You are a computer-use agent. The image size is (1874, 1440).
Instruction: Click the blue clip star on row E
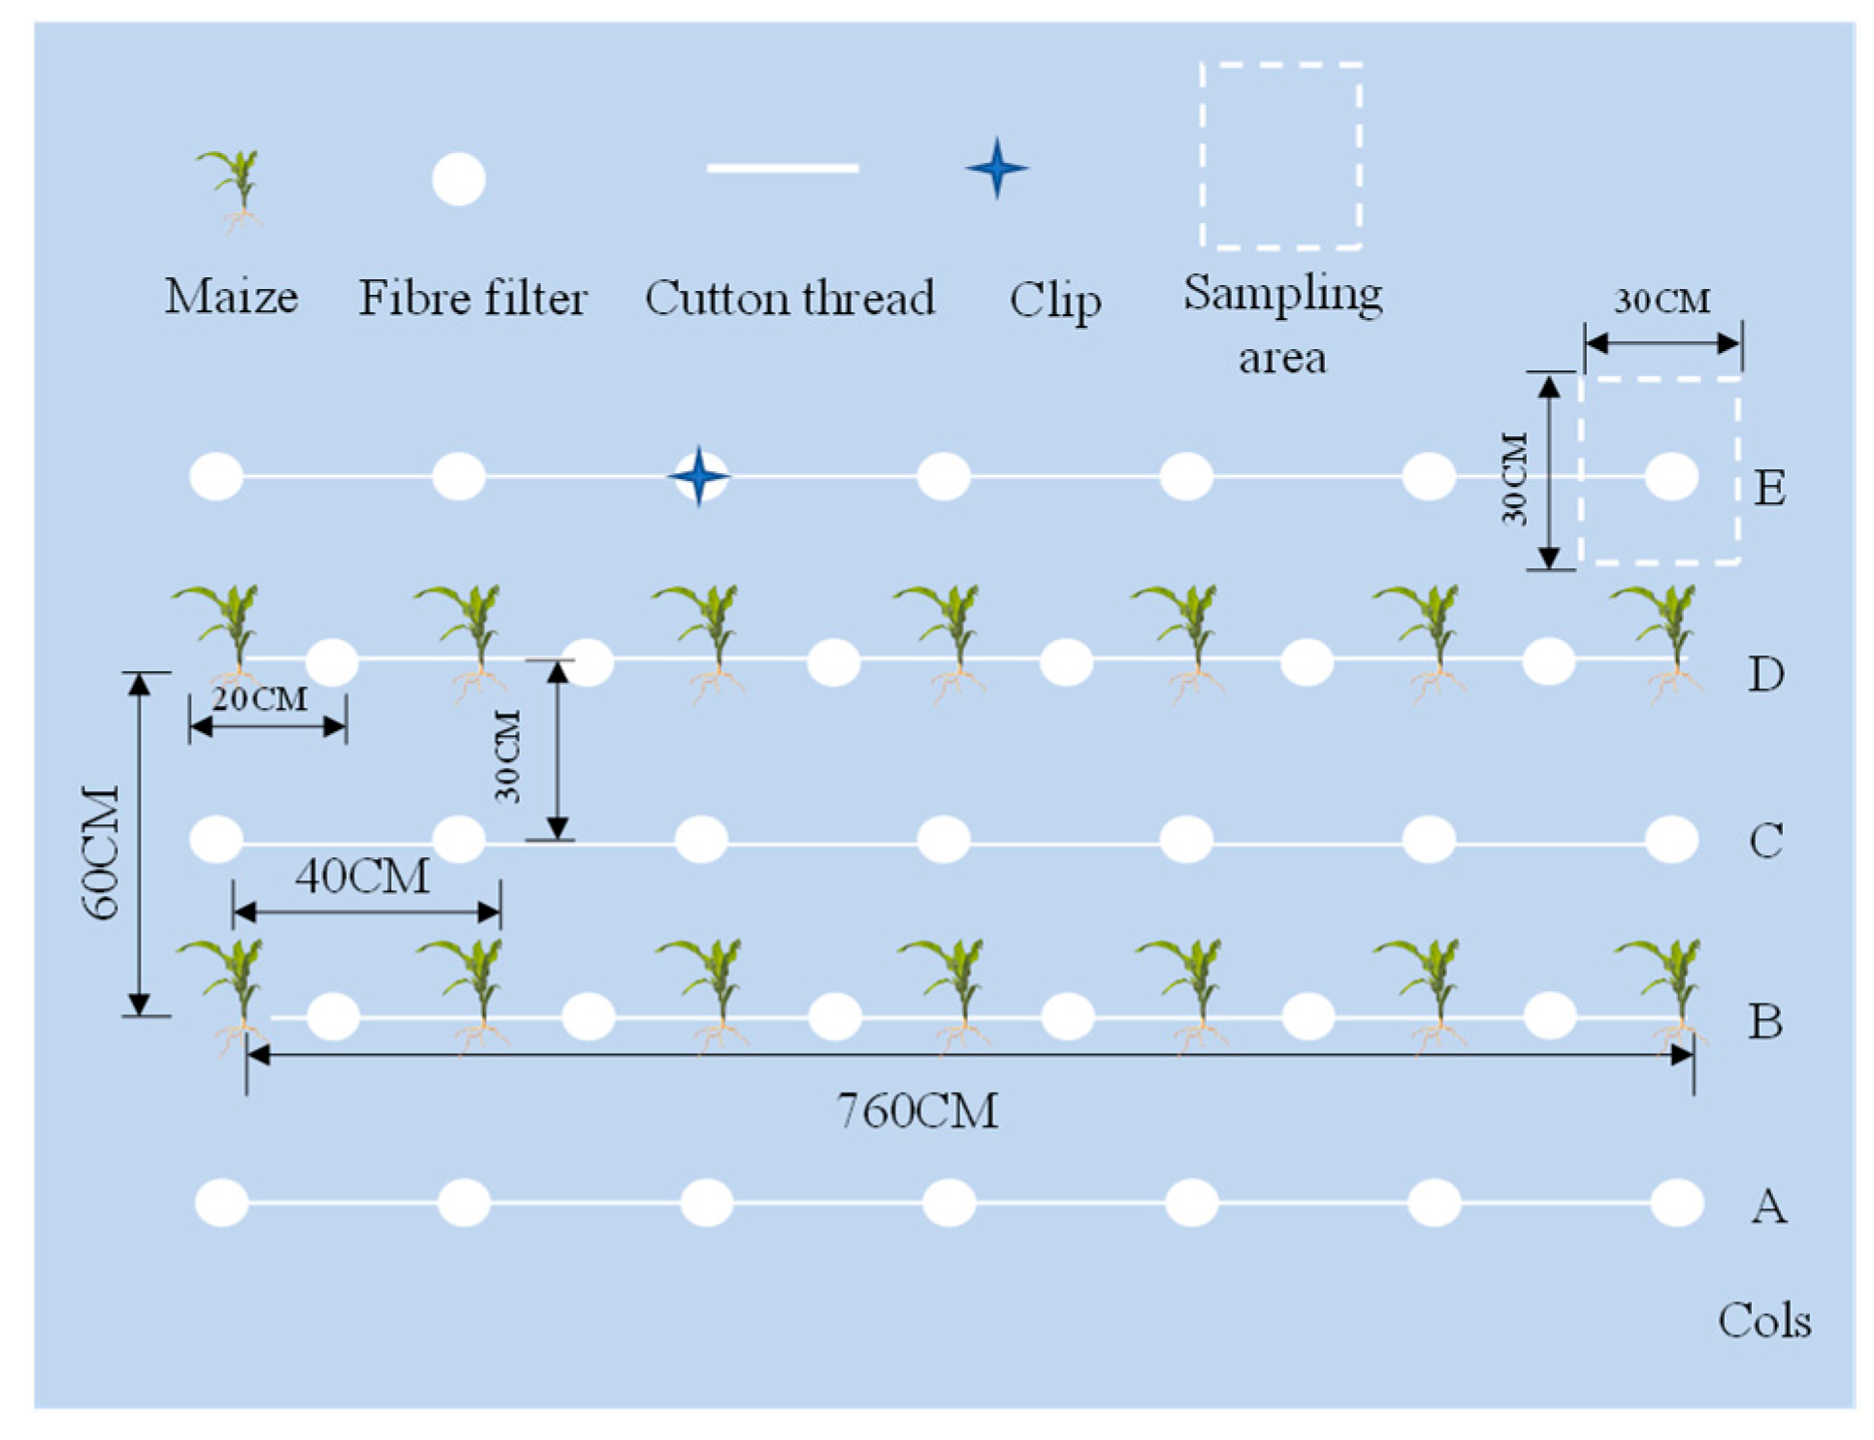click(x=698, y=476)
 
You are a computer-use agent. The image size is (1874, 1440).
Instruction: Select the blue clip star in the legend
click(x=996, y=169)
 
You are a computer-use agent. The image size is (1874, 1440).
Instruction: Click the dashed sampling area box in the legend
click(x=1280, y=155)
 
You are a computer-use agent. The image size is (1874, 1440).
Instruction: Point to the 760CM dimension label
click(x=917, y=1111)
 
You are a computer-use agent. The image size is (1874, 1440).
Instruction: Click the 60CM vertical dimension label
click(x=100, y=851)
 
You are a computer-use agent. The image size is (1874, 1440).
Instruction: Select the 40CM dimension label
click(x=362, y=877)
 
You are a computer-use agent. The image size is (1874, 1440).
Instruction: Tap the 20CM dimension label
click(x=259, y=699)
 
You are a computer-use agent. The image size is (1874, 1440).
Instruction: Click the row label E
click(x=1769, y=488)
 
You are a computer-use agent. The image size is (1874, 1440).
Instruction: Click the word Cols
click(x=1763, y=1322)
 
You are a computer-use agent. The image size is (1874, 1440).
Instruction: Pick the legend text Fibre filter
click(x=472, y=298)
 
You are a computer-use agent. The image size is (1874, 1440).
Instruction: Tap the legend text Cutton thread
click(x=790, y=298)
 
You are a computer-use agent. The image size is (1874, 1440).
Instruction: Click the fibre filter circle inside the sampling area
click(x=1671, y=476)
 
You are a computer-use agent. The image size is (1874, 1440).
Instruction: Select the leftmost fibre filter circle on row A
click(x=221, y=1202)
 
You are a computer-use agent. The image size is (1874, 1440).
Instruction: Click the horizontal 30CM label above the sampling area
click(x=1662, y=302)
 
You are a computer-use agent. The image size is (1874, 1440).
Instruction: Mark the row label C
click(x=1765, y=841)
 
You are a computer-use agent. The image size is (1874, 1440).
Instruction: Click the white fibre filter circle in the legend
click(x=458, y=179)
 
